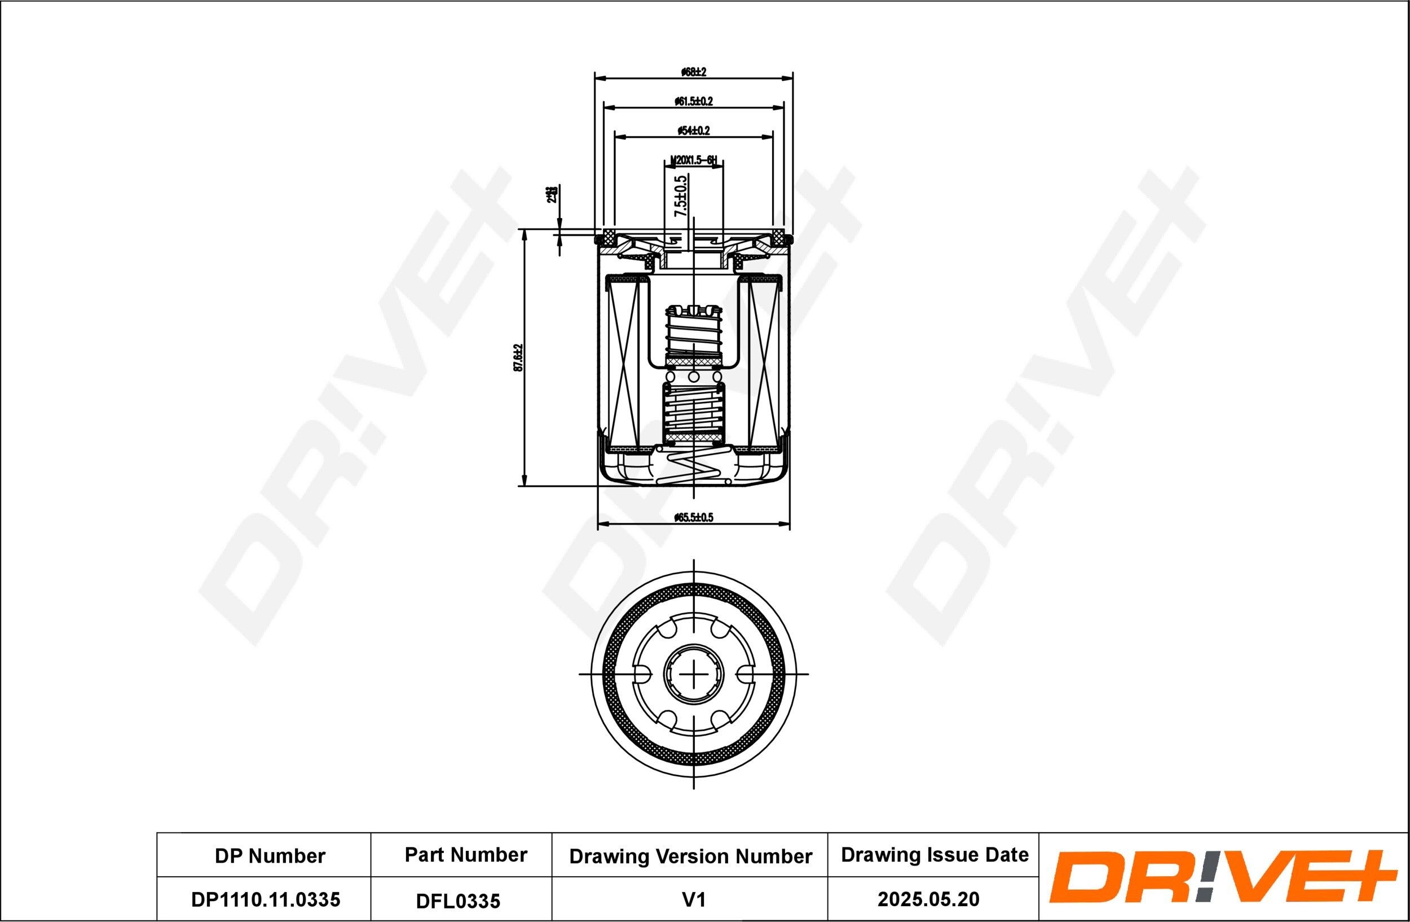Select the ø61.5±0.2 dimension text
pyautogui.click(x=693, y=102)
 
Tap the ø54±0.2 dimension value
pyautogui.click(x=693, y=130)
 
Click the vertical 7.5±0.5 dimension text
pyautogui.click(x=681, y=198)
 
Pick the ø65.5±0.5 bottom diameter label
pyautogui.click(x=693, y=518)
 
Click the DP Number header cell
pyautogui.click(x=270, y=855)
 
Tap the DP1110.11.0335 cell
pyautogui.click(x=266, y=899)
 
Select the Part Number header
pyautogui.click(x=466, y=854)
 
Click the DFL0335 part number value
pyautogui.click(x=458, y=901)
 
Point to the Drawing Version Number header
pyautogui.click(x=690, y=856)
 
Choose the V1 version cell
pyautogui.click(x=693, y=900)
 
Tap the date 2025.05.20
pyautogui.click(x=928, y=899)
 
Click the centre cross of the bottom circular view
pyautogui.click(x=694, y=674)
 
